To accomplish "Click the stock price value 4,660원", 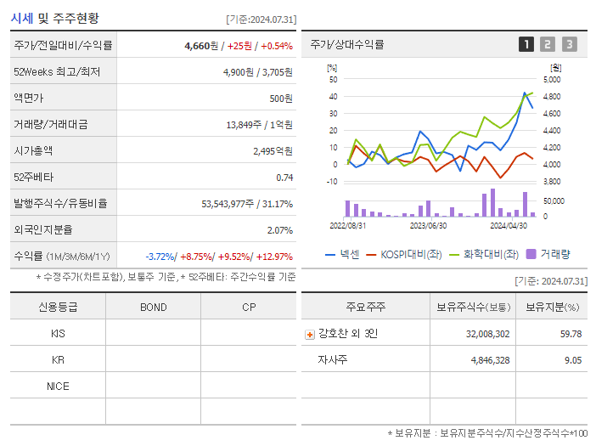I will click(202, 46).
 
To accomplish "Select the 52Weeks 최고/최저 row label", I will click(57, 72).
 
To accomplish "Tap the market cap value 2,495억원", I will click(272, 151).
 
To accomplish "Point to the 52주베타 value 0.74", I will click(284, 178).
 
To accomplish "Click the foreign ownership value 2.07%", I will click(279, 230).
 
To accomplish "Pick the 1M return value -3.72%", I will click(161, 257).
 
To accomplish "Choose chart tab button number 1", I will click(526, 44).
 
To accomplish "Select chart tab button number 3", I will click(569, 44).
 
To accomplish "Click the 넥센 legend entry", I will click(343, 254).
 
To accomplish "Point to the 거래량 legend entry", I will click(548, 254).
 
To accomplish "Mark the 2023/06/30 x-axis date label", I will click(428, 226).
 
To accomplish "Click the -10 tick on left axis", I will click(331, 182).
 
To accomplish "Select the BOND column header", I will click(153, 308).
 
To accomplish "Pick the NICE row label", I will click(58, 387).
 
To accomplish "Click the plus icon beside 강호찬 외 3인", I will click(309, 335).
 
